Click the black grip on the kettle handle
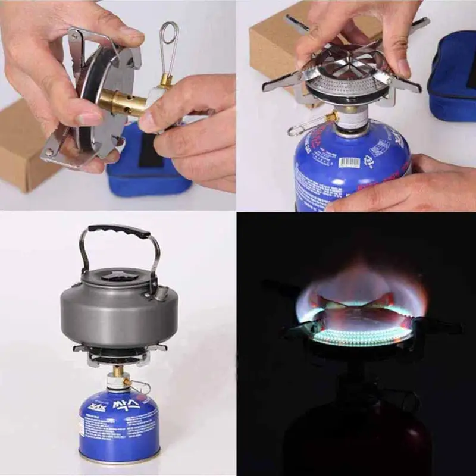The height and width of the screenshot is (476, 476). point(119,230)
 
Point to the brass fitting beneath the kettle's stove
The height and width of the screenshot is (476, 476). point(118,371)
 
